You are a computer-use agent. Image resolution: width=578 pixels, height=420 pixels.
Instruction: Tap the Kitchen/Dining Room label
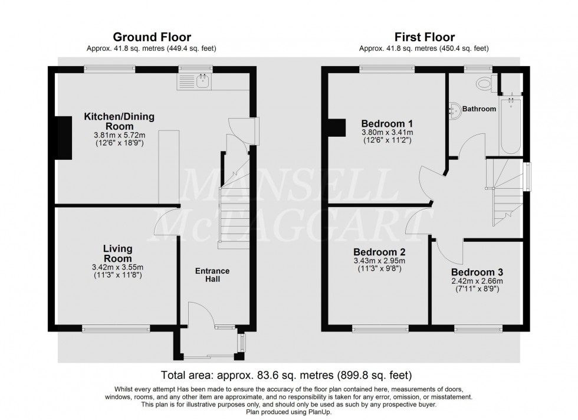click(119, 122)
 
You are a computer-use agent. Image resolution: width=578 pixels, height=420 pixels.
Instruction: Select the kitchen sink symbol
click(203, 81)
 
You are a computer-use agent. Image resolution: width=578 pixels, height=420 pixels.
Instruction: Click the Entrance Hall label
click(213, 275)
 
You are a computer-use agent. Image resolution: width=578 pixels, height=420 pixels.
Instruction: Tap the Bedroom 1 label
click(386, 123)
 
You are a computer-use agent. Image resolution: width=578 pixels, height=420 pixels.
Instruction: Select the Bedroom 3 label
click(477, 272)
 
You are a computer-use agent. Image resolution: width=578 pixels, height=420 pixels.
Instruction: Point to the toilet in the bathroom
click(486, 83)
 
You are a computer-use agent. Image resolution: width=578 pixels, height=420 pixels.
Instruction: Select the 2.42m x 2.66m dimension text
click(477, 281)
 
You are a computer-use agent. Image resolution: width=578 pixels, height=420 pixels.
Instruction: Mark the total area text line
click(286, 375)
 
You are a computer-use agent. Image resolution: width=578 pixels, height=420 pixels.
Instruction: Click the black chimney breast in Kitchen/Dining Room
click(63, 138)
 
